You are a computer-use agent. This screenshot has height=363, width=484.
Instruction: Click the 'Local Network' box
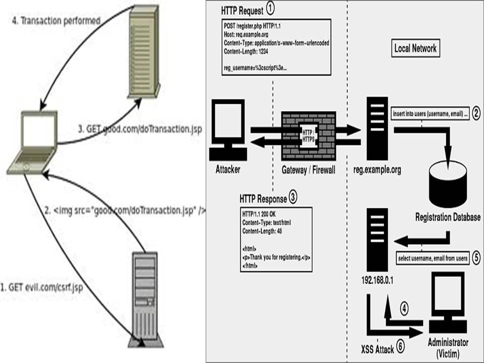tap(415, 49)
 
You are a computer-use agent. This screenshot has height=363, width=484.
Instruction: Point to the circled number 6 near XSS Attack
tap(400, 346)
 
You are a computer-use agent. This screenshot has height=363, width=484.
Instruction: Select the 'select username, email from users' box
tap(433, 258)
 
